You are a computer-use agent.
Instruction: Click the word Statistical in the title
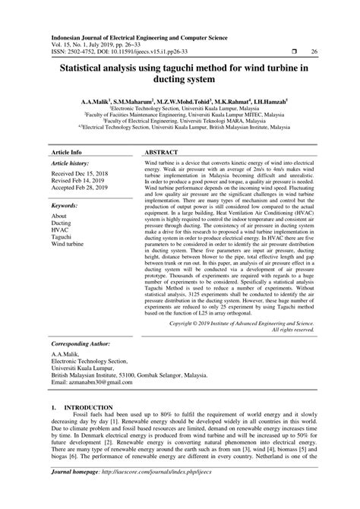pyautogui.click(x=82, y=68)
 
